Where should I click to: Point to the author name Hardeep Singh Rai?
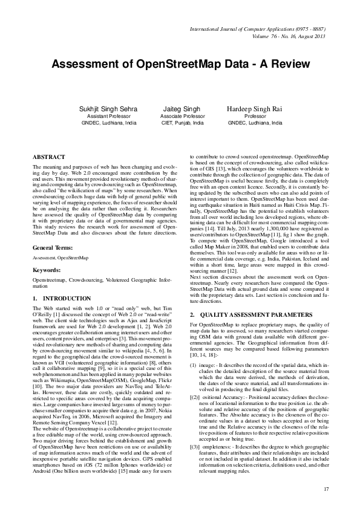coord(255,109)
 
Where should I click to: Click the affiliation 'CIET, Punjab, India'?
coord(182,123)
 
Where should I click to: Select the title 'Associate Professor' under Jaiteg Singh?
coord(182,116)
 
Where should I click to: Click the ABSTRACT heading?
coord(48,157)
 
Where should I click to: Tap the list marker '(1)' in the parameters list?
coord(193,365)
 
